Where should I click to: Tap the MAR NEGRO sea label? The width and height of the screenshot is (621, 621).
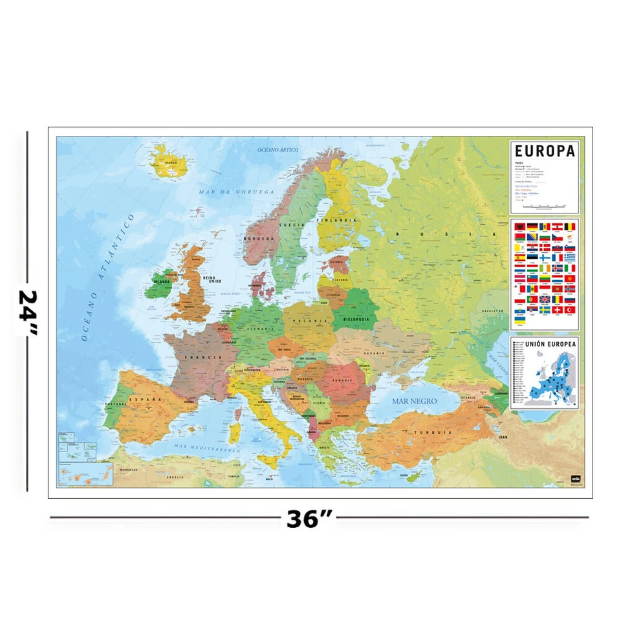415,401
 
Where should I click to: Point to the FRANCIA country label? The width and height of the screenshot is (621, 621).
198,356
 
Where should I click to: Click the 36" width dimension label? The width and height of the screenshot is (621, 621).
309,518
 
